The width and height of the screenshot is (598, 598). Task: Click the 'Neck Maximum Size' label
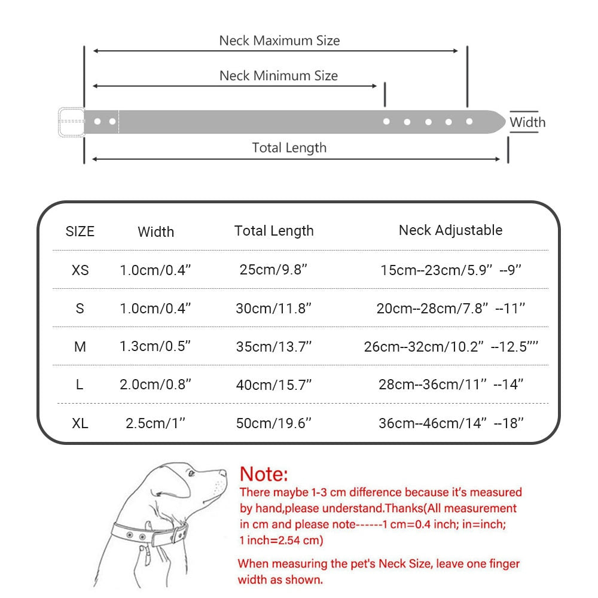[x=279, y=41]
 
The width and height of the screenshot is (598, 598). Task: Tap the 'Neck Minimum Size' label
[x=278, y=76]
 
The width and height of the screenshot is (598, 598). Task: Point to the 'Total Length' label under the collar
[x=289, y=148]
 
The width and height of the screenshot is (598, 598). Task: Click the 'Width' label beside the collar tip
[x=527, y=123]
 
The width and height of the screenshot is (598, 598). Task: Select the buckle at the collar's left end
[x=71, y=121]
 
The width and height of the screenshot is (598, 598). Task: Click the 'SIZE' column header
[x=80, y=231]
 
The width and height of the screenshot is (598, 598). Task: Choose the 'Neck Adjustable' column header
[x=450, y=230]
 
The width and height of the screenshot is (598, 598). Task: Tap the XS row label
[x=80, y=270]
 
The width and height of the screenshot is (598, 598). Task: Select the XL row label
[x=80, y=423]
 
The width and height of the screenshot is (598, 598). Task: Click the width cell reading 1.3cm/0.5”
[x=155, y=347]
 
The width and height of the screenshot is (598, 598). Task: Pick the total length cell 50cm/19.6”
[x=273, y=423]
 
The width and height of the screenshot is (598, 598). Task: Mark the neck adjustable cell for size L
[x=451, y=385]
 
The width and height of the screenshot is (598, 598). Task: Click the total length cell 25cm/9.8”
[x=273, y=270]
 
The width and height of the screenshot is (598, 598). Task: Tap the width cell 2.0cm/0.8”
[x=155, y=385]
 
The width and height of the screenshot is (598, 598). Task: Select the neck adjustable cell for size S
[x=451, y=309]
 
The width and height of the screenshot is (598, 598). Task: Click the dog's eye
[x=191, y=473]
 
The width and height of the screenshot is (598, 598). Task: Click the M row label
[x=80, y=347]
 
